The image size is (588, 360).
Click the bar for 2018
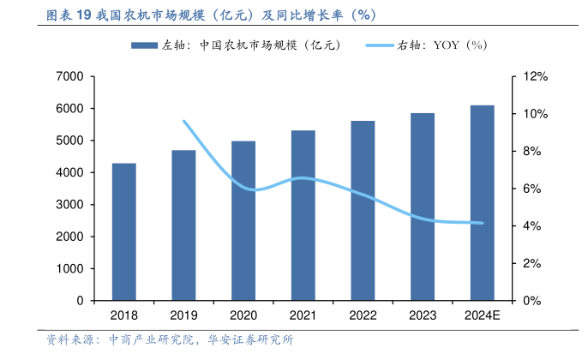[124, 231]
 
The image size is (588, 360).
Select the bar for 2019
[183, 225]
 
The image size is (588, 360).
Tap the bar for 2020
[243, 220]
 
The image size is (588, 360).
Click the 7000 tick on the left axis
[69, 77]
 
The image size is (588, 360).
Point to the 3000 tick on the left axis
[69, 205]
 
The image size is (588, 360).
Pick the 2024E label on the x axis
[482, 315]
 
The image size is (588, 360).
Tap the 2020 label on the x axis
[243, 315]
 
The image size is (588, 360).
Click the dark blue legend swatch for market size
[142, 45]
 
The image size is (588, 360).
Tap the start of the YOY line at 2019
[183, 121]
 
